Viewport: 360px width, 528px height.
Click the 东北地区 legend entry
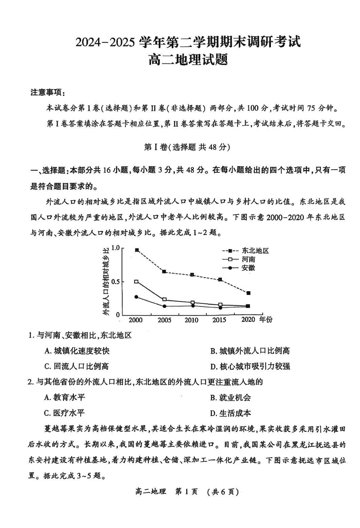[255, 251]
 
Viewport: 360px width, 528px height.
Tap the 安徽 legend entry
[248, 268]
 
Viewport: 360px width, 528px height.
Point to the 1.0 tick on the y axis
[116, 248]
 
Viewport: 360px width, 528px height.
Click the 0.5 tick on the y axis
[116, 282]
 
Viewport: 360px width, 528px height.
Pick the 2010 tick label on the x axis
[191, 320]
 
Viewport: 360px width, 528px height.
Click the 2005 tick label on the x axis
[164, 320]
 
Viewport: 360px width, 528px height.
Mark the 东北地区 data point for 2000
[137, 250]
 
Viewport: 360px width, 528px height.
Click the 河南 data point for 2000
[136, 282]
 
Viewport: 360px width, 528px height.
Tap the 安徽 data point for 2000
[136, 297]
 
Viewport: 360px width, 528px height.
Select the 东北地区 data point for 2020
[248, 293]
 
